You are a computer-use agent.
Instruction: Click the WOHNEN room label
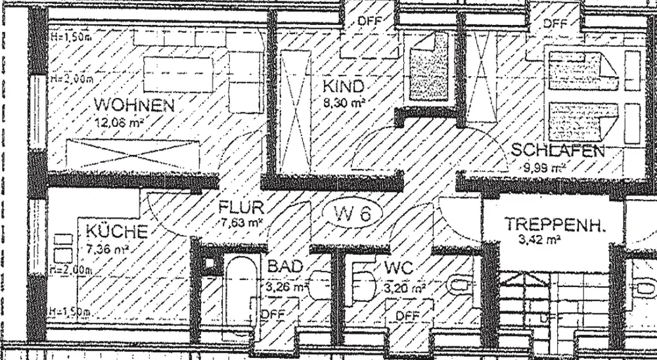(x=134, y=104)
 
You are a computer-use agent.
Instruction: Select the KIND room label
(x=342, y=86)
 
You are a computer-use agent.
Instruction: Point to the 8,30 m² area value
(x=343, y=102)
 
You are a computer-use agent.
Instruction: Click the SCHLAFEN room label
(x=557, y=150)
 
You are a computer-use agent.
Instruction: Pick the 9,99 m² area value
(x=545, y=167)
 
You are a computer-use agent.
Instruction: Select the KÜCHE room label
(x=115, y=232)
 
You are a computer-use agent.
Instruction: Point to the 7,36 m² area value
(x=107, y=248)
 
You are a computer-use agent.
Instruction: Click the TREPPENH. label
(x=555, y=224)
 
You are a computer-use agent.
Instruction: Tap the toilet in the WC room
(x=460, y=285)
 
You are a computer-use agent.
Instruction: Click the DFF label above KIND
(x=370, y=20)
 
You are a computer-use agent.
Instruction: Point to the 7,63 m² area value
(x=243, y=223)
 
